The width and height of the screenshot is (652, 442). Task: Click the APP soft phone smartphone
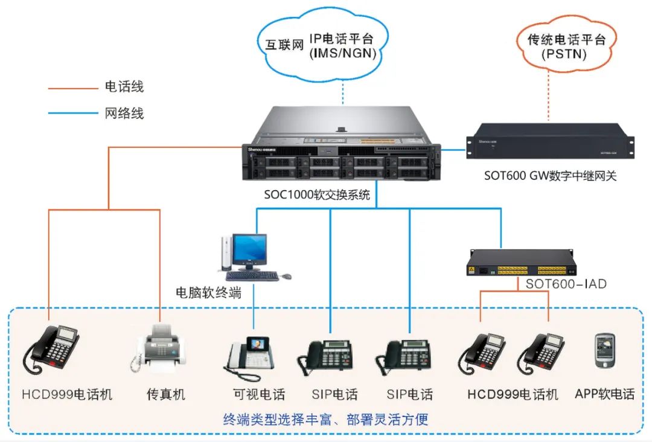point(604,350)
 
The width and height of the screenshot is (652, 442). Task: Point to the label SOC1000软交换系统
point(317,195)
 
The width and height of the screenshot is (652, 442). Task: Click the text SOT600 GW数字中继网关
point(550,176)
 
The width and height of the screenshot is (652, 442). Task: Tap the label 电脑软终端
point(208,293)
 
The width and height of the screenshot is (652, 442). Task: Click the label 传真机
point(166,395)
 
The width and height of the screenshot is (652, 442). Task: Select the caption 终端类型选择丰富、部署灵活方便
point(325,419)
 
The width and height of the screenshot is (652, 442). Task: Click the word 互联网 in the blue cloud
point(284,45)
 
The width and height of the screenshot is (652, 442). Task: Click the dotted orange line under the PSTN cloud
point(549,97)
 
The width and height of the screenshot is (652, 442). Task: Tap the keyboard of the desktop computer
point(252,276)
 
